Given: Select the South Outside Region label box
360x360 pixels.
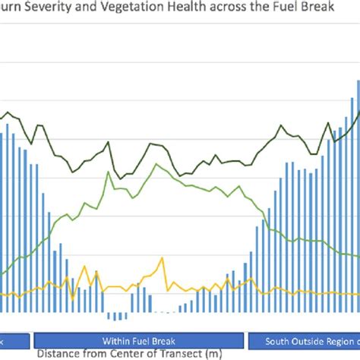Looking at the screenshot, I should tap(305, 340).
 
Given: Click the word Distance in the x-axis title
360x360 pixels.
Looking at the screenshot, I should tap(60, 354).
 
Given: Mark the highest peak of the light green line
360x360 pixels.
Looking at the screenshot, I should tap(156, 164).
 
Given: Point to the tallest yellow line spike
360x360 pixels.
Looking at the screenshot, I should tap(160, 259).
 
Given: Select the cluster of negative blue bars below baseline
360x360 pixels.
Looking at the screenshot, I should tap(118, 315).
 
